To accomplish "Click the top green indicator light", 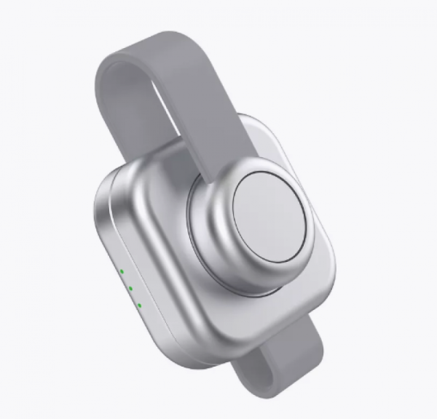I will coord(122,272).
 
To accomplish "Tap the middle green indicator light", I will coord(130,288).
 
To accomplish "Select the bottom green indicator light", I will coord(139,303).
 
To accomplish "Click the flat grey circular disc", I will coord(270,218).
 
